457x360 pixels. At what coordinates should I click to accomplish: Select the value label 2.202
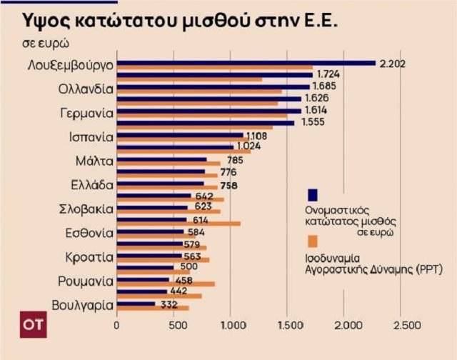point(391,64)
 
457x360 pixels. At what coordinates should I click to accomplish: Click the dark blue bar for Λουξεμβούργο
point(246,63)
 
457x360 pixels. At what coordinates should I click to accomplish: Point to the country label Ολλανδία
point(85,90)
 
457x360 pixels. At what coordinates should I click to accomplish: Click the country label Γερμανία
point(85,113)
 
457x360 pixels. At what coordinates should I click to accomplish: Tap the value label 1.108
point(256,135)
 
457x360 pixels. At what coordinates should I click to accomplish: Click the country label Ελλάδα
point(91,184)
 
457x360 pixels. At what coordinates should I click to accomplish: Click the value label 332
point(169,304)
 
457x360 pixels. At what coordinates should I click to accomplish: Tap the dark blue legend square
point(312,194)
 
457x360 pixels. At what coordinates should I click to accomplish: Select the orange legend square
point(312,241)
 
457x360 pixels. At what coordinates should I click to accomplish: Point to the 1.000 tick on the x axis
point(231,326)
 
